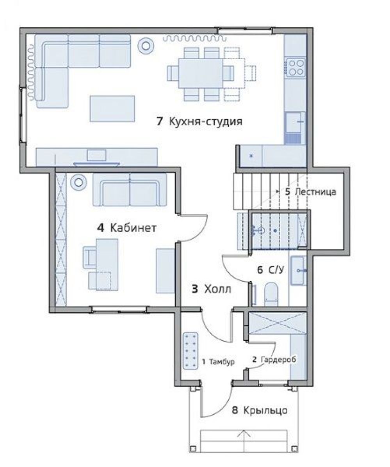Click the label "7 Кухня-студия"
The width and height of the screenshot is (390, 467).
pos(199,121)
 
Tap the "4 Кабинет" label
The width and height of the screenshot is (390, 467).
pos(126,228)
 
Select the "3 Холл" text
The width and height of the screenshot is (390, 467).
pos(211,289)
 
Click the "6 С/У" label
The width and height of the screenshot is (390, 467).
pos(271,270)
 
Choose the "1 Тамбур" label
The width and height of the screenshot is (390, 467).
pos(218,362)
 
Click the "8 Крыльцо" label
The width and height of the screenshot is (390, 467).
pos(260,410)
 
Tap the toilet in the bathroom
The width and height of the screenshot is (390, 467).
pos(271,294)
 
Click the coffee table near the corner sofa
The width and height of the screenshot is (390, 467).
pos(112,109)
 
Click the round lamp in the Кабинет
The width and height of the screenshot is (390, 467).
pos(78,182)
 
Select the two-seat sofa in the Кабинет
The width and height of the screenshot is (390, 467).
pos(130,190)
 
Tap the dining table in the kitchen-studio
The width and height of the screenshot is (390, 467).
pos(201,73)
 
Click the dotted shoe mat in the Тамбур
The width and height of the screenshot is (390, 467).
pos(191,351)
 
